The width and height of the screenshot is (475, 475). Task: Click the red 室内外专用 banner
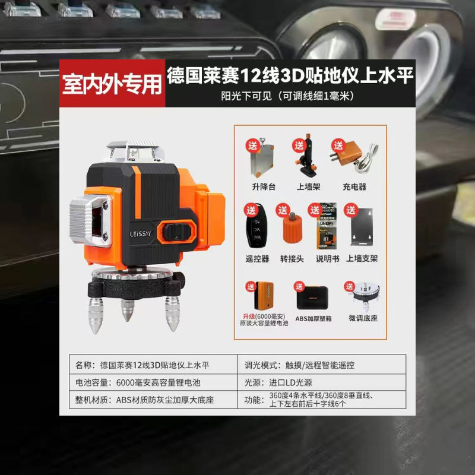(113, 84)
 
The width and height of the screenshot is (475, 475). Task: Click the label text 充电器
(354, 186)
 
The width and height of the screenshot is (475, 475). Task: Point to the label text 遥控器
(256, 258)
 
